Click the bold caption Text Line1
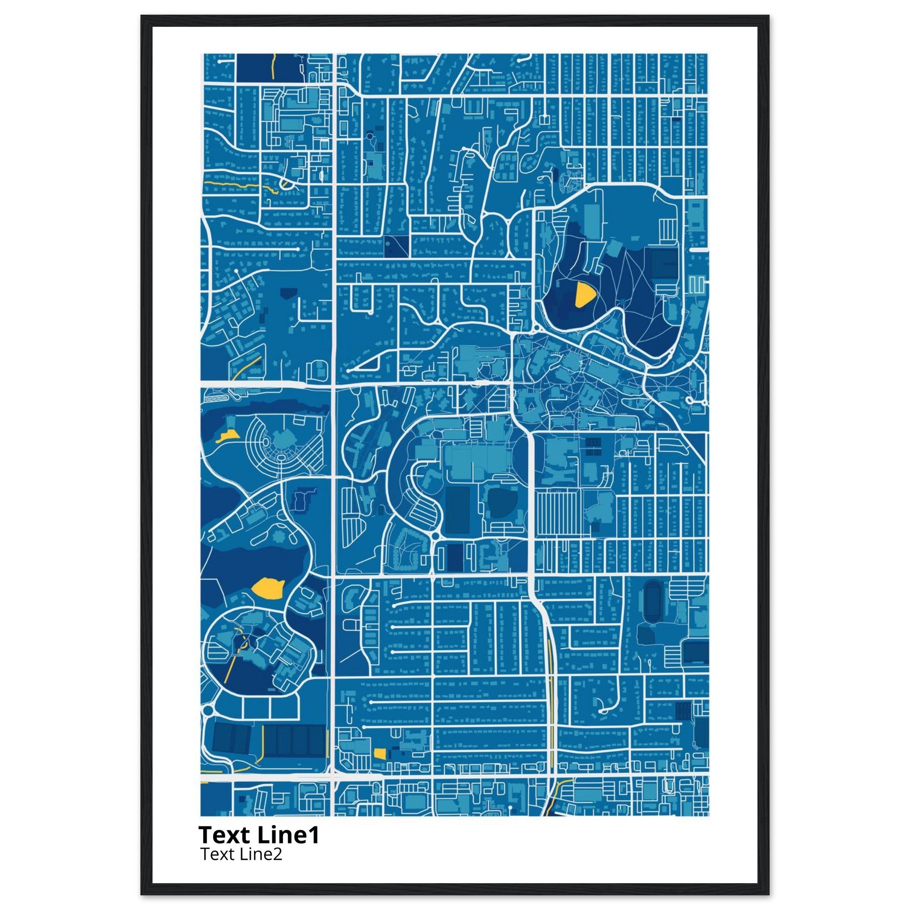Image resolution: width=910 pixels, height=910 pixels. click(x=259, y=834)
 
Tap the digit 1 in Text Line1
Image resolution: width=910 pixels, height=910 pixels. click(x=315, y=834)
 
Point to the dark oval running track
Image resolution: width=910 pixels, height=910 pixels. click(x=653, y=596)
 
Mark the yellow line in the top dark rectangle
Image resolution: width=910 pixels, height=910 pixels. click(x=273, y=66)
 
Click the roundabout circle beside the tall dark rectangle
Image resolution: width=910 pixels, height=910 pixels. click(x=435, y=536)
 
